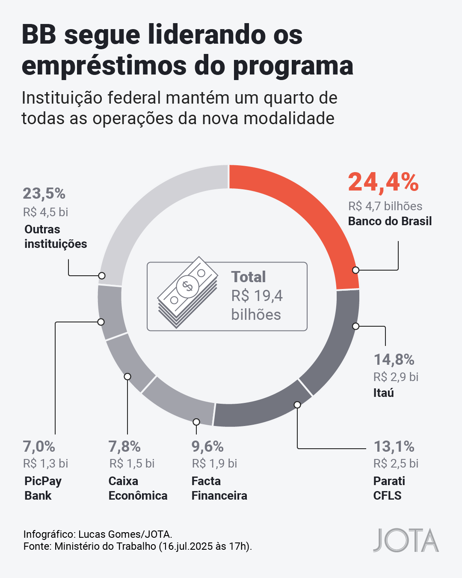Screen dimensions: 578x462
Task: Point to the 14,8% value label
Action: coord(394,360)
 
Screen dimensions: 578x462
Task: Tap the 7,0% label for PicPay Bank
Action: coord(39,447)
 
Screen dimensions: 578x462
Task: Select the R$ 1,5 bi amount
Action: coord(132,463)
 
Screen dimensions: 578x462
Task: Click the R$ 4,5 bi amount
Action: coord(46,212)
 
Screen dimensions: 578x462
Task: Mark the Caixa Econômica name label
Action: coord(138,488)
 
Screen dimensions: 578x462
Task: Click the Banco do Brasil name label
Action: coord(390,221)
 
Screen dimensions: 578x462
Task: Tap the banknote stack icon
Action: coord(187,292)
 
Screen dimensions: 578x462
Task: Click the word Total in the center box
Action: coord(249,277)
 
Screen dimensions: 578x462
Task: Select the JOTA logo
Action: coord(406,540)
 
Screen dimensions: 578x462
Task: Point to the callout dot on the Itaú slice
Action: coord(355,326)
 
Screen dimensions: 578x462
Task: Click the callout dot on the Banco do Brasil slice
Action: coord(355,270)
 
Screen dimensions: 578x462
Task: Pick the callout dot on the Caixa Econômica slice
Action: coord(127,376)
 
